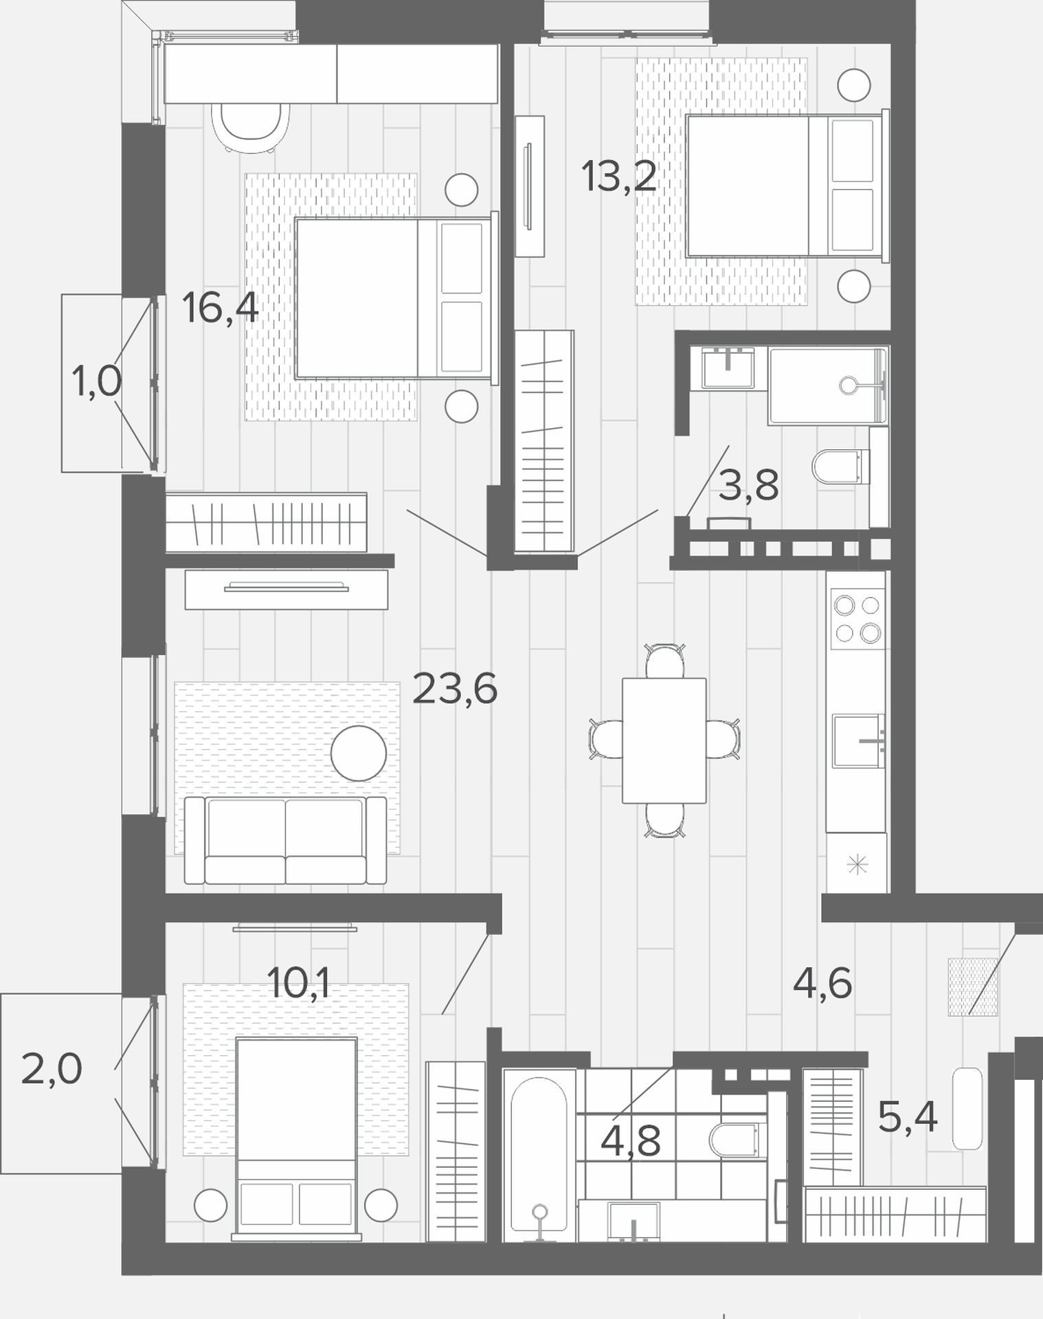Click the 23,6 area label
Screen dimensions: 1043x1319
pos(455,690)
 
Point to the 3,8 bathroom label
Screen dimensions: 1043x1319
pos(748,485)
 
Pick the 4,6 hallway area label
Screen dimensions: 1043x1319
pos(822,983)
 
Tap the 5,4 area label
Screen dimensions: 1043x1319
pos(908,1118)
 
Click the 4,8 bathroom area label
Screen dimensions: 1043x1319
pos(631,1141)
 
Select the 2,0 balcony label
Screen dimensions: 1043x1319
pos(52,1070)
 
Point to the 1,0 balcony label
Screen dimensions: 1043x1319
pos(97,382)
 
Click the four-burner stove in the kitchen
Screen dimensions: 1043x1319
pos(857,618)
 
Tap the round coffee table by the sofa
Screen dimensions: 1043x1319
pos(359,753)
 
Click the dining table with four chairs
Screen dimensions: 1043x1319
pos(664,740)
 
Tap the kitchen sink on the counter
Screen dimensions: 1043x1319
pos(858,741)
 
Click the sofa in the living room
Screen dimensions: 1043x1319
pos(286,839)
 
